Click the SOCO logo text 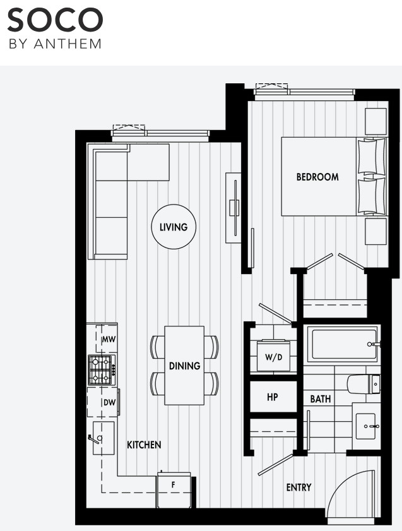pyautogui.click(x=54, y=21)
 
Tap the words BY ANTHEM pyautogui.click(x=54, y=44)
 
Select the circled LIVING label pyautogui.click(x=174, y=227)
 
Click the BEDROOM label pyautogui.click(x=317, y=177)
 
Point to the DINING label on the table pyautogui.click(x=184, y=366)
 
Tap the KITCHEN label pyautogui.click(x=144, y=445)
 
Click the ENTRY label pyautogui.click(x=299, y=487)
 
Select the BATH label pyautogui.click(x=321, y=399)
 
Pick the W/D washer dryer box pyautogui.click(x=274, y=357)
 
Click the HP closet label pyautogui.click(x=273, y=398)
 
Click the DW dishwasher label pyautogui.click(x=108, y=402)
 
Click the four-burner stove pyautogui.click(x=100, y=370)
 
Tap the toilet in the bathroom pyautogui.click(x=364, y=383)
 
